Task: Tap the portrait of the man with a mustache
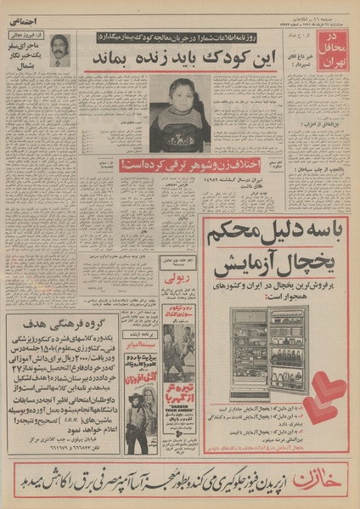click(59, 49)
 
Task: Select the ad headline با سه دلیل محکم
click(280, 231)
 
